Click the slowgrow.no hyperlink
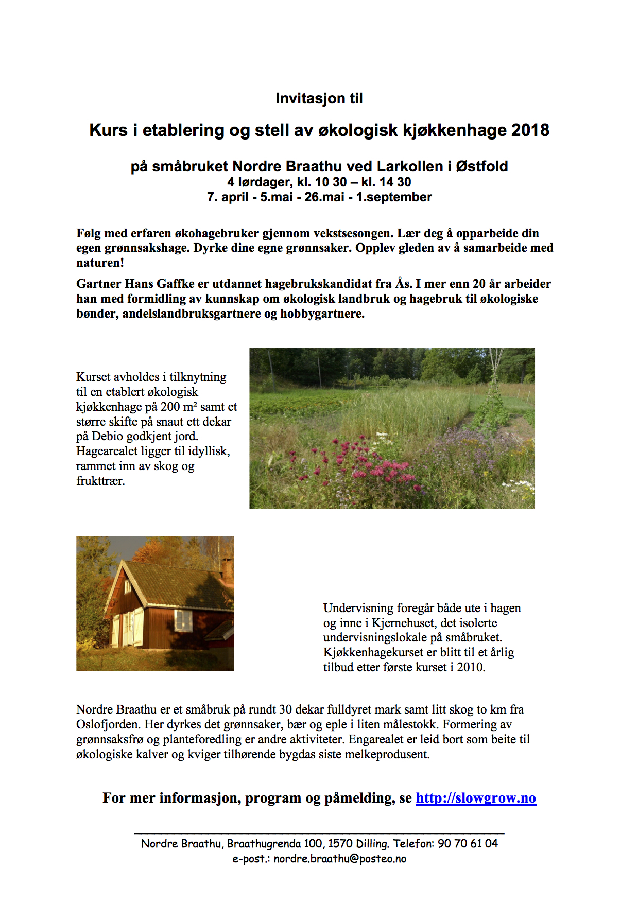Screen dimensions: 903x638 tap(475, 797)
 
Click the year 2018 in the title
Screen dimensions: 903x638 tap(530, 130)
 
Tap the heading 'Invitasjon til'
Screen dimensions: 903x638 tap(319, 98)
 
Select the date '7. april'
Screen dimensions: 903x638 tap(228, 197)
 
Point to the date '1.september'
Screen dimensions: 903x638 tap(394, 197)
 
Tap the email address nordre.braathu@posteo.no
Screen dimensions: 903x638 tap(340, 859)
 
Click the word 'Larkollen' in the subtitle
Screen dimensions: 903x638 tap(409, 166)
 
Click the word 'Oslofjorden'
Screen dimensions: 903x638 tap(108, 724)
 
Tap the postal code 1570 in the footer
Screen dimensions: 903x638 tap(340, 843)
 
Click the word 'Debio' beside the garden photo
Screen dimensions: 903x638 tap(107, 436)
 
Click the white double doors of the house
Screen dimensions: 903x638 tap(133, 628)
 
